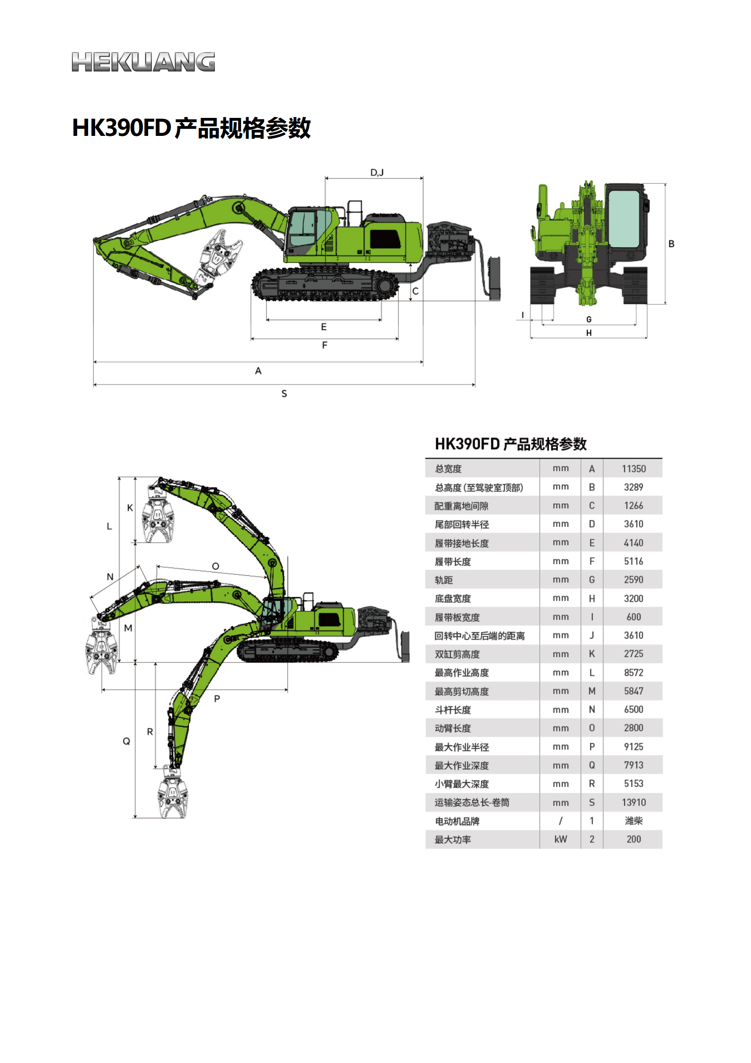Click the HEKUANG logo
tap(143, 62)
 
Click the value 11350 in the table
tap(633, 469)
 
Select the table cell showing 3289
tap(633, 487)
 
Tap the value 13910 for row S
tap(633, 803)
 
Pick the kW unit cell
tap(560, 840)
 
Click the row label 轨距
tap(444, 580)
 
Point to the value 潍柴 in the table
tap(633, 821)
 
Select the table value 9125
tap(633, 747)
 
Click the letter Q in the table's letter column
tap(592, 765)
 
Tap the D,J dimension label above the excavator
tap(377, 172)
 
